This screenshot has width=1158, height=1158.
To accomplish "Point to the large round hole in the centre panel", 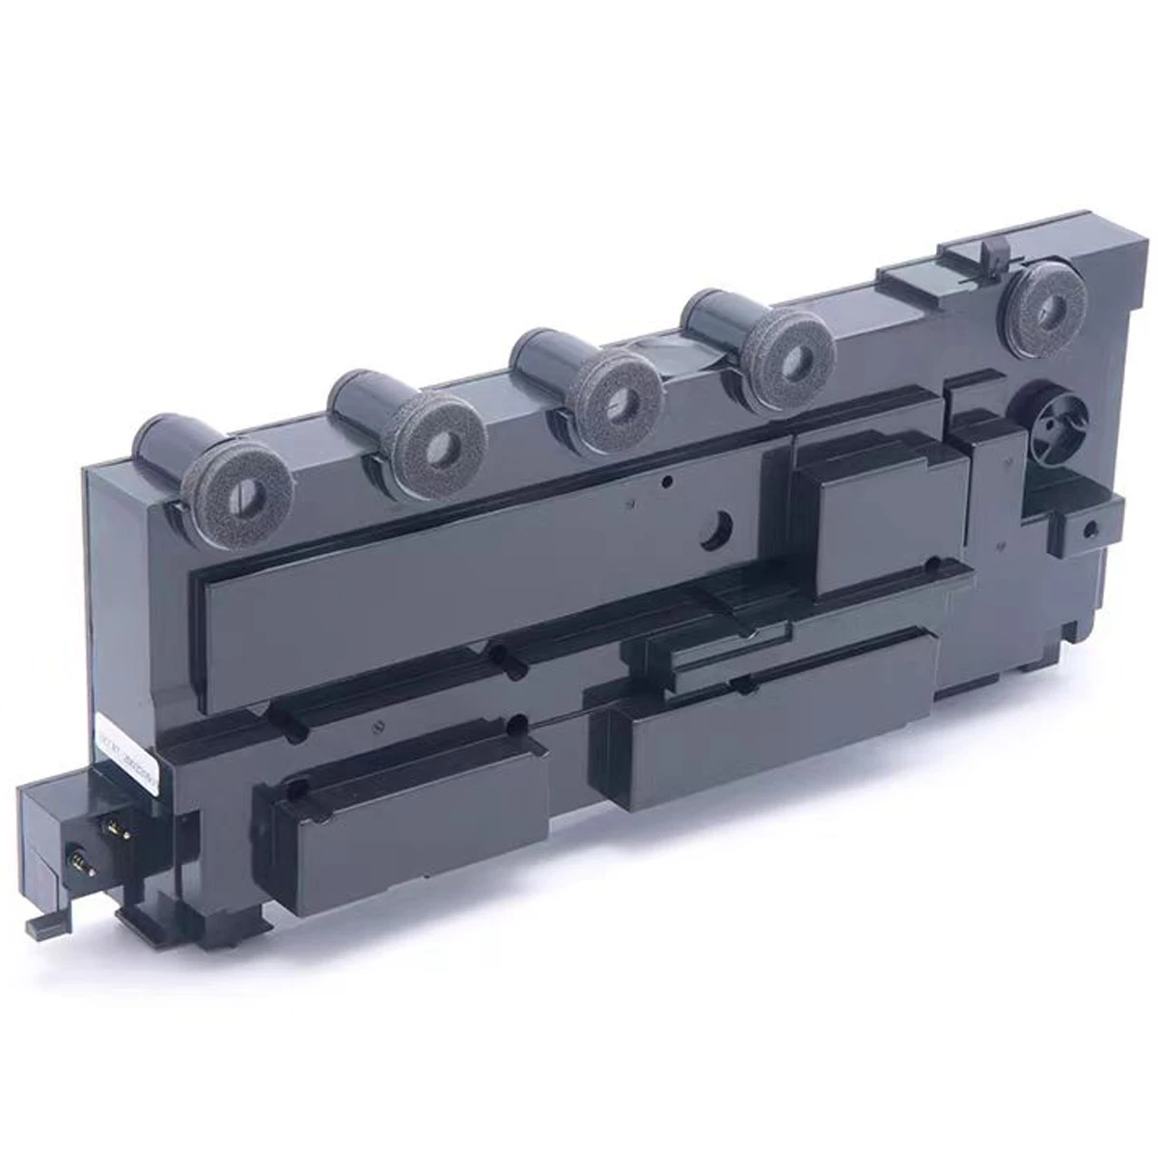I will (715, 527).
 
